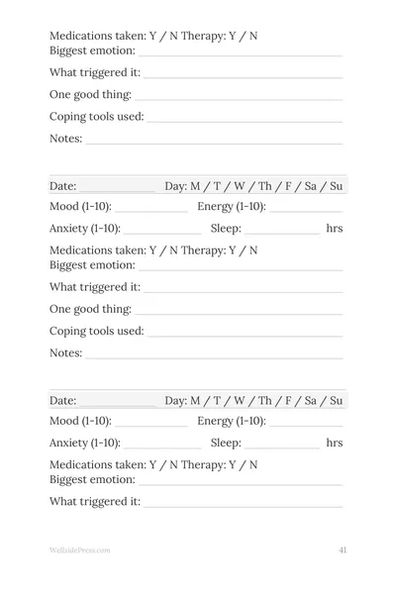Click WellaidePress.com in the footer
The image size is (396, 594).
(x=80, y=549)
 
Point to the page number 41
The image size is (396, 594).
(x=342, y=549)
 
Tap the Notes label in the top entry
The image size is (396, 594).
(x=65, y=139)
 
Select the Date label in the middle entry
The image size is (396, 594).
(x=62, y=186)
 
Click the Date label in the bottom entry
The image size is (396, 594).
(x=62, y=401)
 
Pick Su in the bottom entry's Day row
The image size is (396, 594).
(x=336, y=401)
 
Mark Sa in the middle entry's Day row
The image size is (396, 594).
(x=311, y=186)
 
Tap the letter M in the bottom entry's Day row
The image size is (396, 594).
(x=196, y=401)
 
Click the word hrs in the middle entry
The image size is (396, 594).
(x=335, y=228)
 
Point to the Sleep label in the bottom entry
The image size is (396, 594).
(x=226, y=443)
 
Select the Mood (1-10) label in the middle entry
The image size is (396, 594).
(x=80, y=207)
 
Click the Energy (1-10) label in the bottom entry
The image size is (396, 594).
(x=232, y=422)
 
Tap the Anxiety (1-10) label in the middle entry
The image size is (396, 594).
(x=85, y=228)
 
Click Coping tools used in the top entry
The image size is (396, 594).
(x=96, y=117)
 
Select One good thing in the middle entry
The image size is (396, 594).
(x=90, y=309)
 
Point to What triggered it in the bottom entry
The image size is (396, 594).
(x=94, y=502)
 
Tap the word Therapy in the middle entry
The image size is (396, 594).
(x=204, y=250)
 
